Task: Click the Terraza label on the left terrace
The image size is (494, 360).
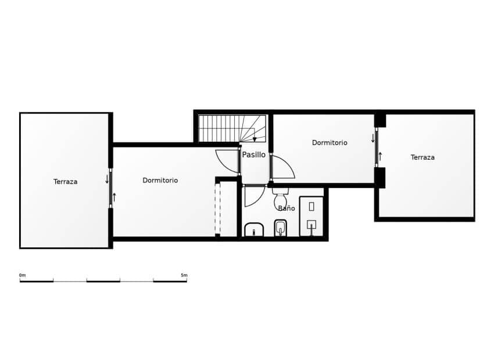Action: click(x=65, y=182)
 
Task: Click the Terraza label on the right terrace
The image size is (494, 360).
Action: click(x=423, y=157)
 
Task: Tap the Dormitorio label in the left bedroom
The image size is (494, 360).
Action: click(x=160, y=181)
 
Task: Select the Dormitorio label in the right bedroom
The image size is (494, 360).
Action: click(x=330, y=143)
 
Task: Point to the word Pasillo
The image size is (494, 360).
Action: click(x=254, y=155)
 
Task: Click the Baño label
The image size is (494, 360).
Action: click(x=286, y=208)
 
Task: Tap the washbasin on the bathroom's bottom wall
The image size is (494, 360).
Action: click(x=254, y=230)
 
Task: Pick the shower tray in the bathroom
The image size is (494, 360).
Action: click(x=312, y=217)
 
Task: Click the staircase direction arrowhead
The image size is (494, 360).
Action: click(x=255, y=139)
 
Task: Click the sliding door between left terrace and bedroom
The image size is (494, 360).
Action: click(x=110, y=187)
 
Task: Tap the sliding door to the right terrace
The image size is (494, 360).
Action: click(x=377, y=147)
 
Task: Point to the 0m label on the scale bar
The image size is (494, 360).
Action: click(x=23, y=275)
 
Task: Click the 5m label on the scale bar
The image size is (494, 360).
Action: click(x=184, y=275)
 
